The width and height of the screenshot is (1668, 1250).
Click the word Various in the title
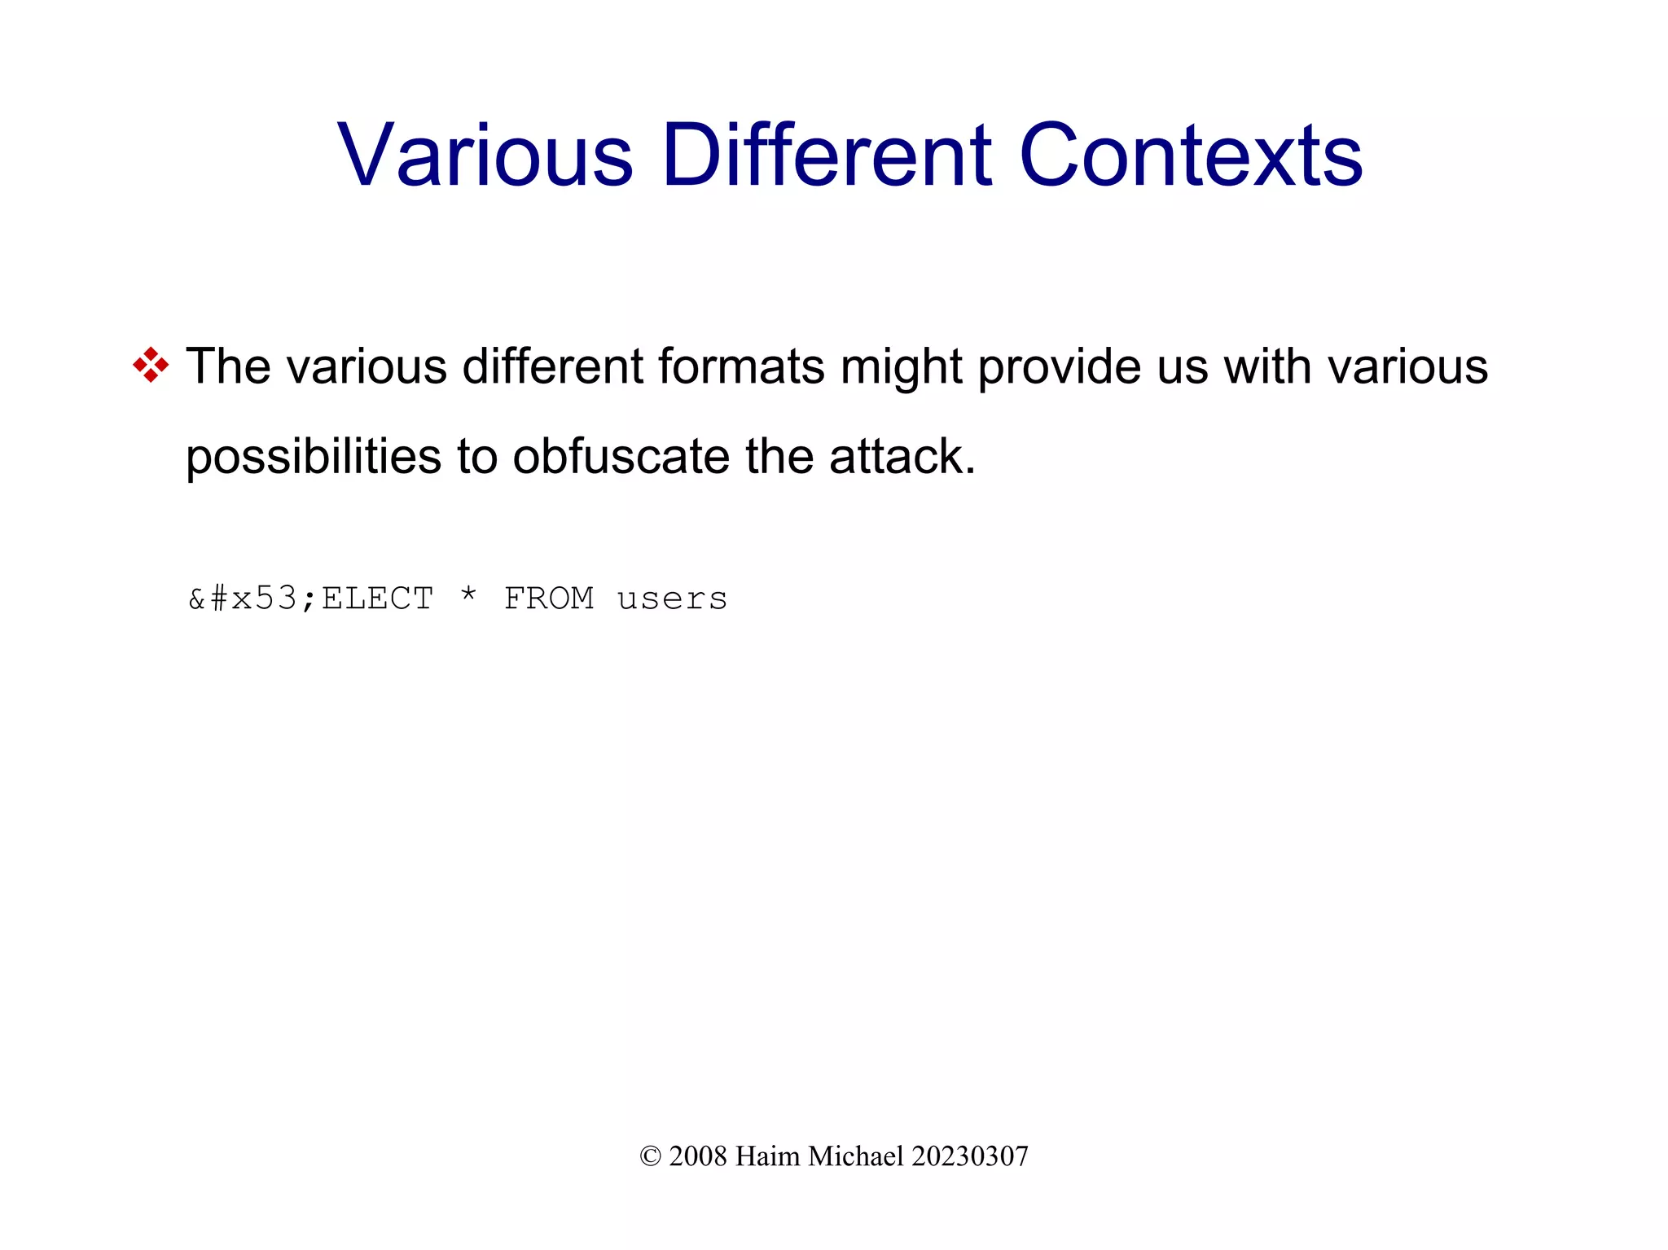[x=485, y=155]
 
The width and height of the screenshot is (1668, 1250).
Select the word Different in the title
[x=827, y=155]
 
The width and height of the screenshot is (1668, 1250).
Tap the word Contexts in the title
[x=1191, y=155]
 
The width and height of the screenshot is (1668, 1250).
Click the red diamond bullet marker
[x=151, y=365]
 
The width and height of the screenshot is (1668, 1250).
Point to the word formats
[x=741, y=366]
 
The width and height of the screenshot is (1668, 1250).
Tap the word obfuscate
[x=621, y=456]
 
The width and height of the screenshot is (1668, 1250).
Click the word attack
[x=902, y=456]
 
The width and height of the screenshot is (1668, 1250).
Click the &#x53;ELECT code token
[x=310, y=599]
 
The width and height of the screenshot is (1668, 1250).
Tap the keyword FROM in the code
[x=549, y=599]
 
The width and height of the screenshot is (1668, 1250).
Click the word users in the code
[x=672, y=599]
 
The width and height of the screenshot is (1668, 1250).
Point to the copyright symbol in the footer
[x=650, y=1156]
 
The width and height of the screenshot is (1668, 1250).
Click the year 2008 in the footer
[x=697, y=1156]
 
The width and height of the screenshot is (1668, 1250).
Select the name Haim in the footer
[x=767, y=1156]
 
